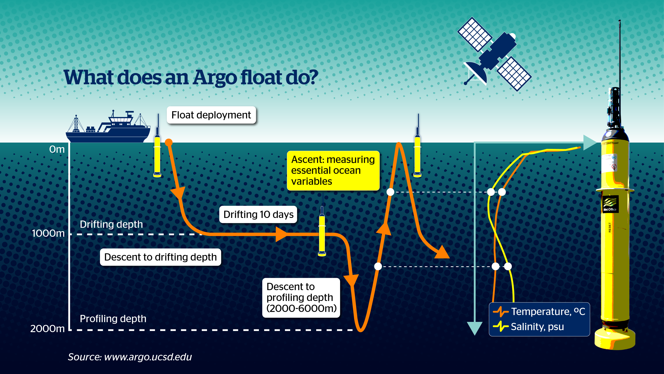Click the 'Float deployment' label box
point(211,115)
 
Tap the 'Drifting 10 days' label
point(258,214)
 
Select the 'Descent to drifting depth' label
point(160,257)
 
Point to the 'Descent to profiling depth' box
point(301,298)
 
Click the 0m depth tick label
point(57,149)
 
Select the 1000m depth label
point(48,233)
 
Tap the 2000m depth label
point(47,329)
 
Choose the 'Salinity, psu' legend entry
point(528,326)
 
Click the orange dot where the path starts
point(169,142)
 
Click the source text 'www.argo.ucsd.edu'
point(148,357)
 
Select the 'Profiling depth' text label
point(113,319)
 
